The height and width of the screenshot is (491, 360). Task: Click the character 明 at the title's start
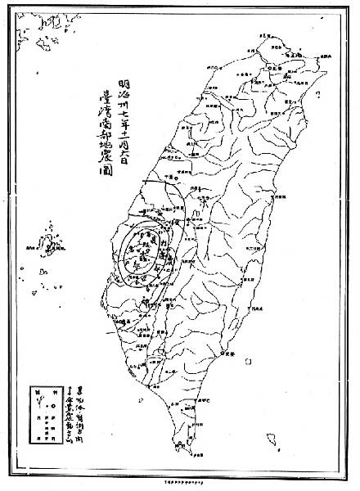click(123, 83)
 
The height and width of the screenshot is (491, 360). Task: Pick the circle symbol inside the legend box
click(38, 408)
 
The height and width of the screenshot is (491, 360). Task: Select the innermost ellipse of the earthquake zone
click(136, 252)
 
